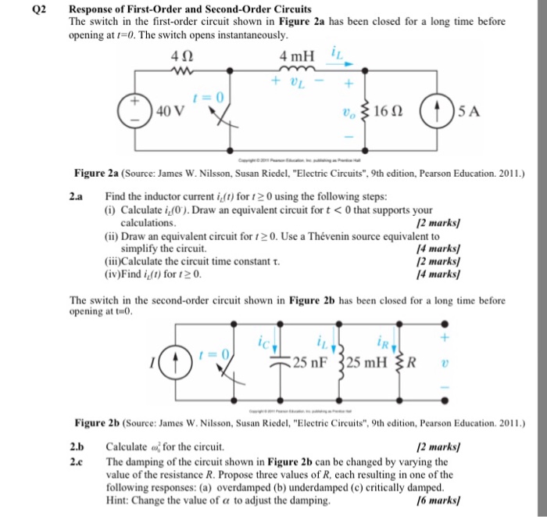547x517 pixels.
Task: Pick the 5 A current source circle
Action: [x=435, y=109]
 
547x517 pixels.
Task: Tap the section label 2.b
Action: [x=77, y=447]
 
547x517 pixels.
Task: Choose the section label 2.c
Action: [x=77, y=461]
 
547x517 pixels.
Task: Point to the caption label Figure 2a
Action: [x=99, y=172]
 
